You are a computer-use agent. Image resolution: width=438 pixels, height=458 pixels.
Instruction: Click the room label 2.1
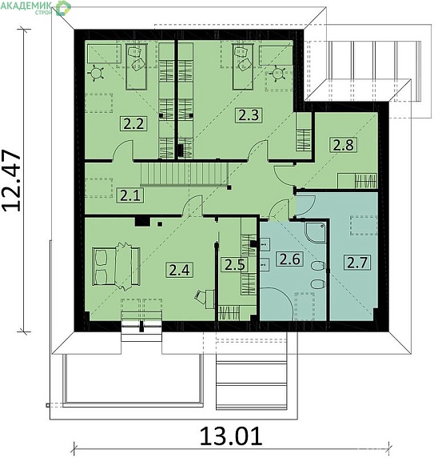130,195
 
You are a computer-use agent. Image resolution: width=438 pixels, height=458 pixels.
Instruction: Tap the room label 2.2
133,123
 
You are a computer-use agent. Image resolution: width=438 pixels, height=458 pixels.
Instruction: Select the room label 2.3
249,114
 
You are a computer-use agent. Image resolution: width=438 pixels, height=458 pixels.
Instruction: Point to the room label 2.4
179,270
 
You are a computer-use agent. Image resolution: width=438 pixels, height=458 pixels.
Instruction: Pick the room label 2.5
235,264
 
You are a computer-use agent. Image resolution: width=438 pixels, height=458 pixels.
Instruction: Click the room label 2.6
289,259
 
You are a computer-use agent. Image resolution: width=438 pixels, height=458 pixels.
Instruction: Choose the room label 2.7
357,262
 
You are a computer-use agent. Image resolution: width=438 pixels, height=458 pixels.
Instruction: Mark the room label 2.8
344,145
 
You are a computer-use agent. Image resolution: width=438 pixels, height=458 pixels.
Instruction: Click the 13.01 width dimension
230,436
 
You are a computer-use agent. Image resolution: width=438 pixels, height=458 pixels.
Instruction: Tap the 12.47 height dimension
12,180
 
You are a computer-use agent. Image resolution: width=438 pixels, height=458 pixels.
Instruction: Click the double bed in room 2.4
116,266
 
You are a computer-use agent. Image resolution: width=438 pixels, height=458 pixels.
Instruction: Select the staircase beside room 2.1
185,174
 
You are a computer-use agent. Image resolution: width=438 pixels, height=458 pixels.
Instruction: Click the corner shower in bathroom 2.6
316,232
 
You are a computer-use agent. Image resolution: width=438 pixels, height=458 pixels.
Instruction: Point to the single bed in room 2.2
136,66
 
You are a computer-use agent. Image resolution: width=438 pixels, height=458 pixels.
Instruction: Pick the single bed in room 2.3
243,66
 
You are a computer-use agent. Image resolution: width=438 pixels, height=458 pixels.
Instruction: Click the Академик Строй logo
36,7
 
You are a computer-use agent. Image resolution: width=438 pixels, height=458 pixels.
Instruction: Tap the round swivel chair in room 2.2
97,73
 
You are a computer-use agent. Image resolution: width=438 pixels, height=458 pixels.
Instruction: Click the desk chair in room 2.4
201,296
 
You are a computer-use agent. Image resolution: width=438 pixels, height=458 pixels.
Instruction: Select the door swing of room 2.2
123,149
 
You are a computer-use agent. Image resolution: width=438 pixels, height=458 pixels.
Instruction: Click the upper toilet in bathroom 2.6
318,267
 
